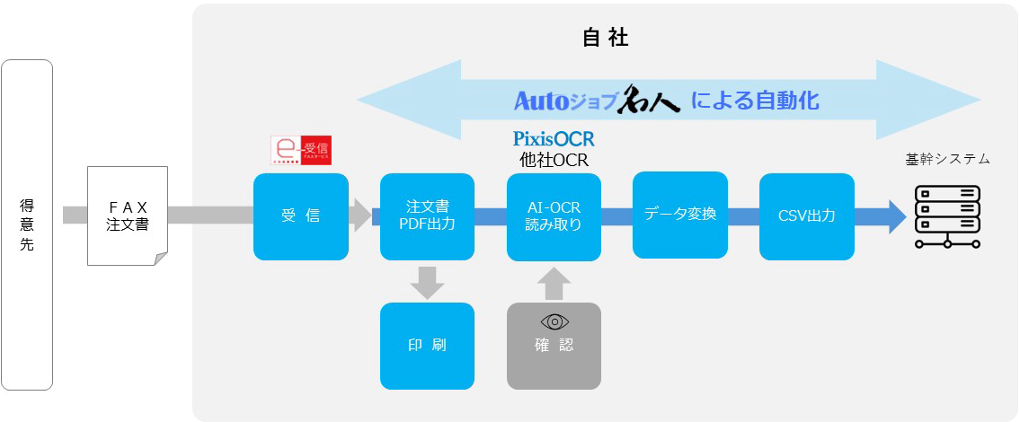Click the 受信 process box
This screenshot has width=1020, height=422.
[x=301, y=216]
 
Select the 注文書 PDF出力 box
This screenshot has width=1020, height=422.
[x=427, y=216]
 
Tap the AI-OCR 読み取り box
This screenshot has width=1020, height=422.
[x=554, y=216]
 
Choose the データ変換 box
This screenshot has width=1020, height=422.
[x=680, y=215]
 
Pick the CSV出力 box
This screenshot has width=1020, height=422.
[x=806, y=216]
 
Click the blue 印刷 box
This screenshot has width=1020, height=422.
[x=427, y=346]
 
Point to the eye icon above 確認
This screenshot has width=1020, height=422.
[x=554, y=321]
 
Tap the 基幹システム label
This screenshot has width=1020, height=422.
[x=947, y=159]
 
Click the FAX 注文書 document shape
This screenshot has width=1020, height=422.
[x=127, y=215]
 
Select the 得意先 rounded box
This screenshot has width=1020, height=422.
[x=27, y=224]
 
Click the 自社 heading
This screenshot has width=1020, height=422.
[x=605, y=38]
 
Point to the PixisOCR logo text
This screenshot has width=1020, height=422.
[x=554, y=139]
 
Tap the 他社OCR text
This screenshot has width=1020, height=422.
[x=554, y=159]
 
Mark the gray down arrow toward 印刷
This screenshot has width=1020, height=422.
[x=427, y=282]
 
